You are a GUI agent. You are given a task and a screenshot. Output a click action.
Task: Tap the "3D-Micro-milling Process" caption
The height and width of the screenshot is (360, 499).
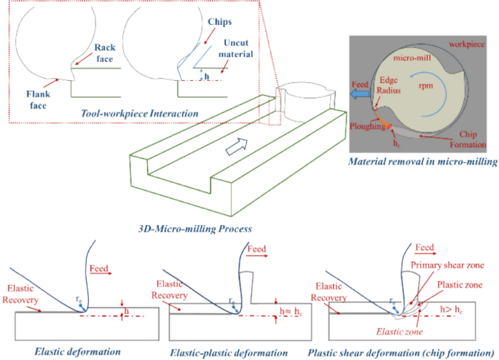tap(195, 229)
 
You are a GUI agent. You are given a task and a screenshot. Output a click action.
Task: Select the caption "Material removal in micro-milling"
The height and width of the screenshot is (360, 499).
tap(423, 162)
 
